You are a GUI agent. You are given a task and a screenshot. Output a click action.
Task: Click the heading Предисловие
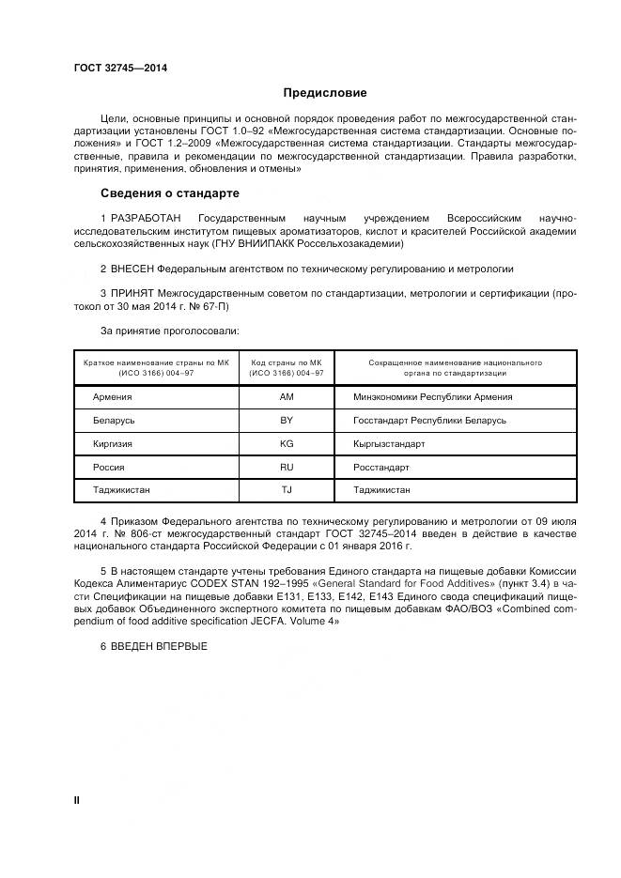click(325, 93)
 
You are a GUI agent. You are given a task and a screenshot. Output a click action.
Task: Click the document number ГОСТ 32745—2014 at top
click(115, 67)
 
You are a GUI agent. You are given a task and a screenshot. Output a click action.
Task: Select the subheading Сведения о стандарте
click(170, 193)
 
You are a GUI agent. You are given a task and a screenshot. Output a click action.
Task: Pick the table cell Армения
click(112, 397)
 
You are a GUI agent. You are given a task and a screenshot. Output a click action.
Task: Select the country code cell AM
click(287, 397)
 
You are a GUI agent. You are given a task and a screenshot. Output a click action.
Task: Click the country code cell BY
click(287, 421)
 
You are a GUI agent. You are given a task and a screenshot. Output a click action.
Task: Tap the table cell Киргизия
click(113, 443)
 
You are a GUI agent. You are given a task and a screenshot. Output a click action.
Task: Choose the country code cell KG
click(287, 443)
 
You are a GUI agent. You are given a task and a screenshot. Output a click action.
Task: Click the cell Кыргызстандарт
click(389, 443)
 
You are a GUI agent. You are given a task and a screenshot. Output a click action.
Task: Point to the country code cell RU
click(287, 467)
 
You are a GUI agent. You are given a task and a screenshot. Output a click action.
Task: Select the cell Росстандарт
click(381, 467)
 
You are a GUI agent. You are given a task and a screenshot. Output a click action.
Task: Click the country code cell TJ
click(287, 490)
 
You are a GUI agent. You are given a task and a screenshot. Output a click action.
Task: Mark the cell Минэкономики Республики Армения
click(432, 397)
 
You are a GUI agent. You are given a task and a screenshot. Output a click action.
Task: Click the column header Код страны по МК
click(287, 362)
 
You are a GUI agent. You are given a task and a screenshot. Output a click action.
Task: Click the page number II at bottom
click(77, 800)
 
